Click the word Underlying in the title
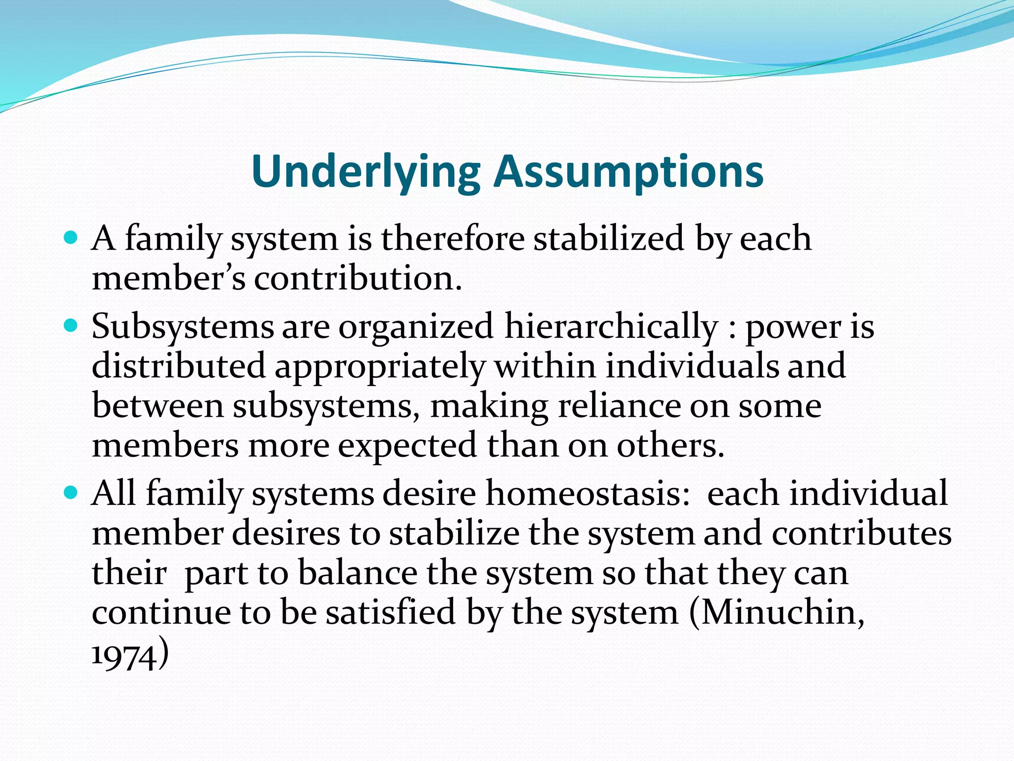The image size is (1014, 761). point(365,172)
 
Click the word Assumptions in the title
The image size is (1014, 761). point(629,172)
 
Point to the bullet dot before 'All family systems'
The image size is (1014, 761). point(71,493)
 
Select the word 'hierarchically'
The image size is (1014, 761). point(611,327)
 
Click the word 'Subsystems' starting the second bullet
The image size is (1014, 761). point(182,327)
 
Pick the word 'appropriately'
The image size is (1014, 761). point(380,367)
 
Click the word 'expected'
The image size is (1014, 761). point(408,445)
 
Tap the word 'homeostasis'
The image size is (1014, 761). point(587,494)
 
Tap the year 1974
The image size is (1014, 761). point(124,657)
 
